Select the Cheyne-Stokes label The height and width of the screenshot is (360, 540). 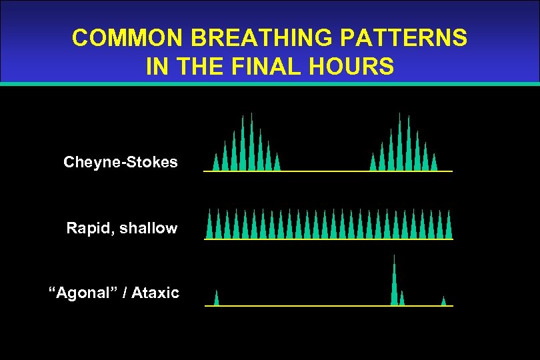(x=121, y=162)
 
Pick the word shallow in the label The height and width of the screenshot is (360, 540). (x=148, y=228)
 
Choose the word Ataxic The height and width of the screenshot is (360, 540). (x=155, y=293)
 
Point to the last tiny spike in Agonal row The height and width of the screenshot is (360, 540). (x=443, y=301)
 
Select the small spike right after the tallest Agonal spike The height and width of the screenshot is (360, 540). (x=402, y=299)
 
